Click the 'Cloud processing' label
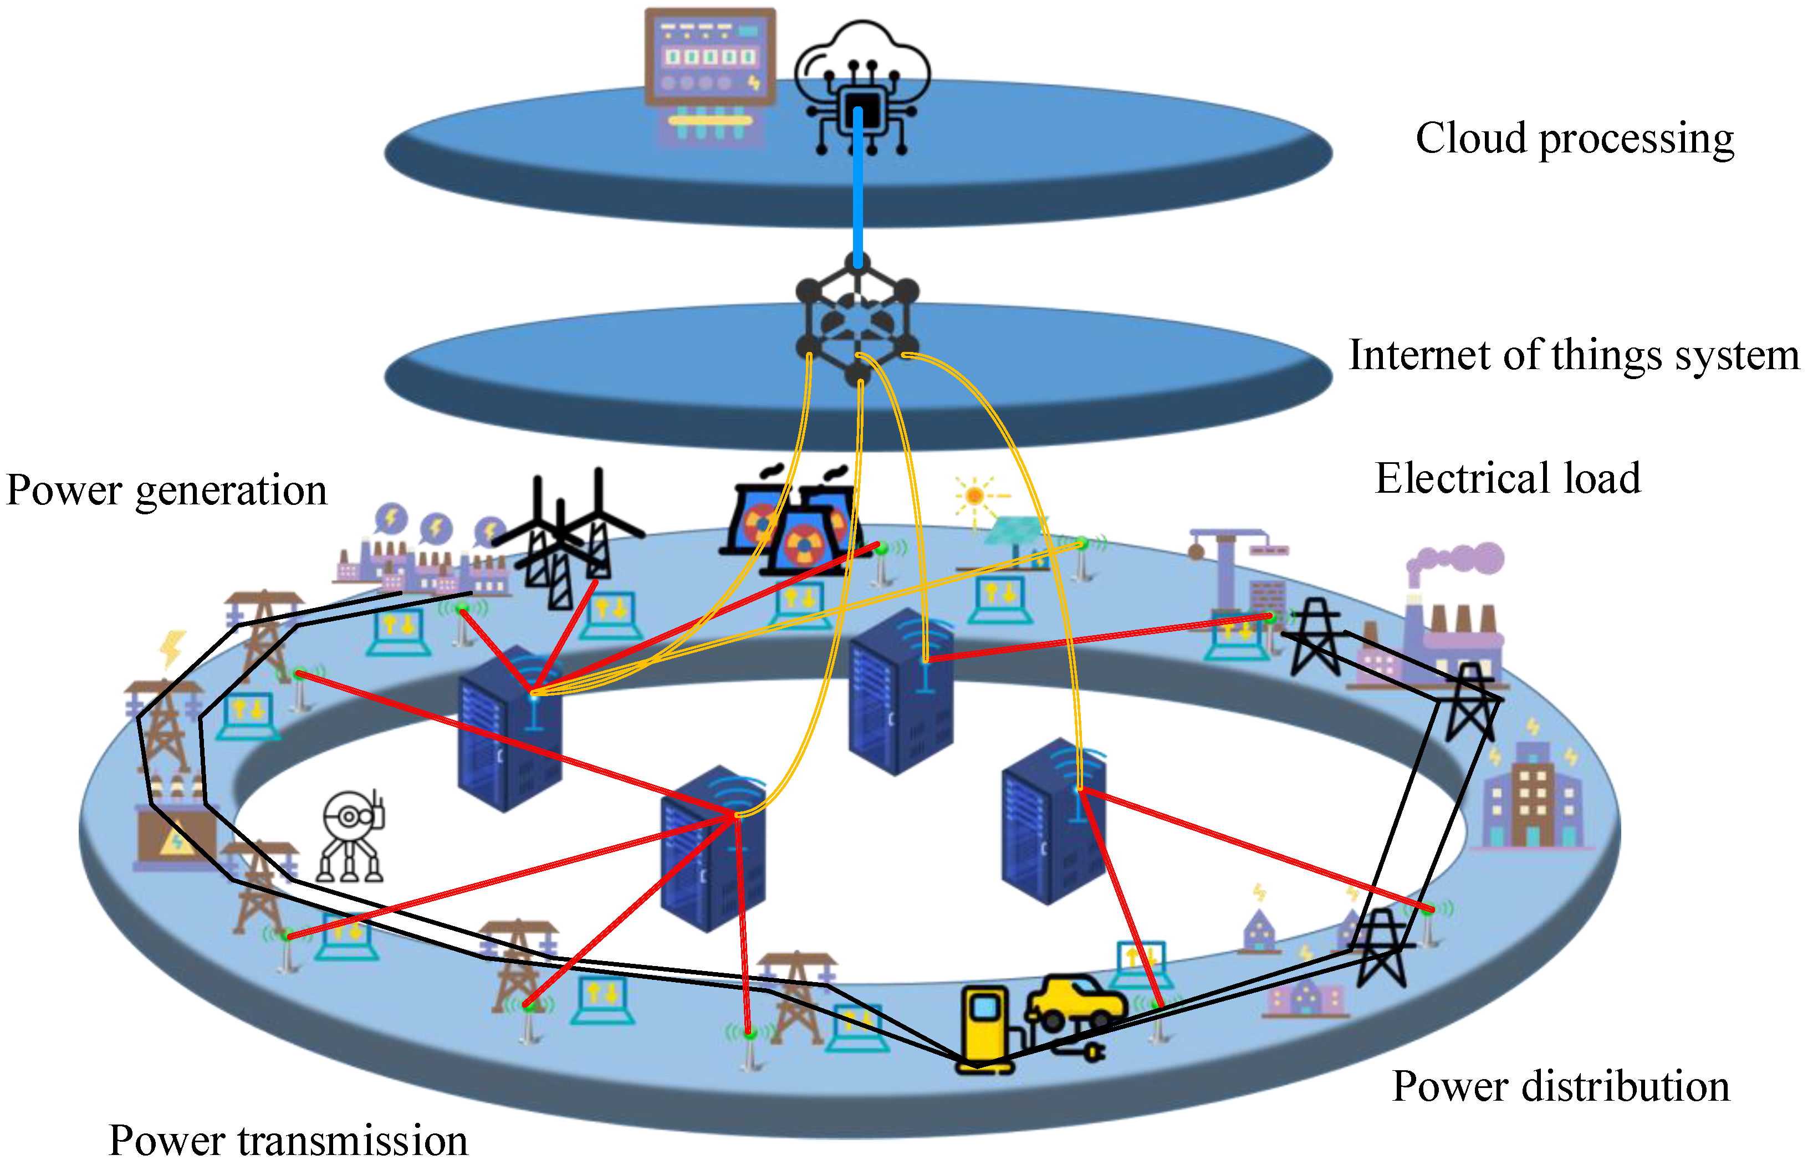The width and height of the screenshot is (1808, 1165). click(1574, 139)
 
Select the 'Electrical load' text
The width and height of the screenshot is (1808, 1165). click(1507, 479)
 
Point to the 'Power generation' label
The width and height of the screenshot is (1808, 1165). click(166, 490)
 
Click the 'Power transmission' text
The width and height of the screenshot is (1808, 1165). click(288, 1140)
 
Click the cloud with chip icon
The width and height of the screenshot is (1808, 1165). click(862, 83)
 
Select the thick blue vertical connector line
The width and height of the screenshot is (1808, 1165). click(858, 189)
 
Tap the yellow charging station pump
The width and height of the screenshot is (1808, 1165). click(983, 1029)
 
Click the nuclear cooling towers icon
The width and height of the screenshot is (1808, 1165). click(790, 522)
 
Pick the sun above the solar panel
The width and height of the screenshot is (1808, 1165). click(974, 496)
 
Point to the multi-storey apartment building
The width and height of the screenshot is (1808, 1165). click(1532, 798)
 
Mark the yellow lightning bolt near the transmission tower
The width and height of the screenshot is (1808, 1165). click(172, 647)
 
